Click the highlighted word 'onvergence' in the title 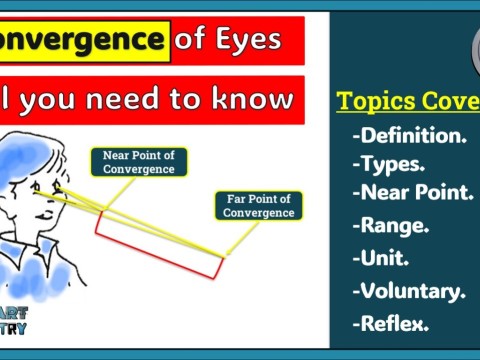point(82,40)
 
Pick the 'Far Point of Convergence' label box point(258,205)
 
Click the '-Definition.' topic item point(409,135)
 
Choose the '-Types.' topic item point(388,163)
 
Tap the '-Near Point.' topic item point(412,191)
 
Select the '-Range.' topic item point(390,225)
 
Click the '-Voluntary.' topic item point(408,291)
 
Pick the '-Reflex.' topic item point(390,323)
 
